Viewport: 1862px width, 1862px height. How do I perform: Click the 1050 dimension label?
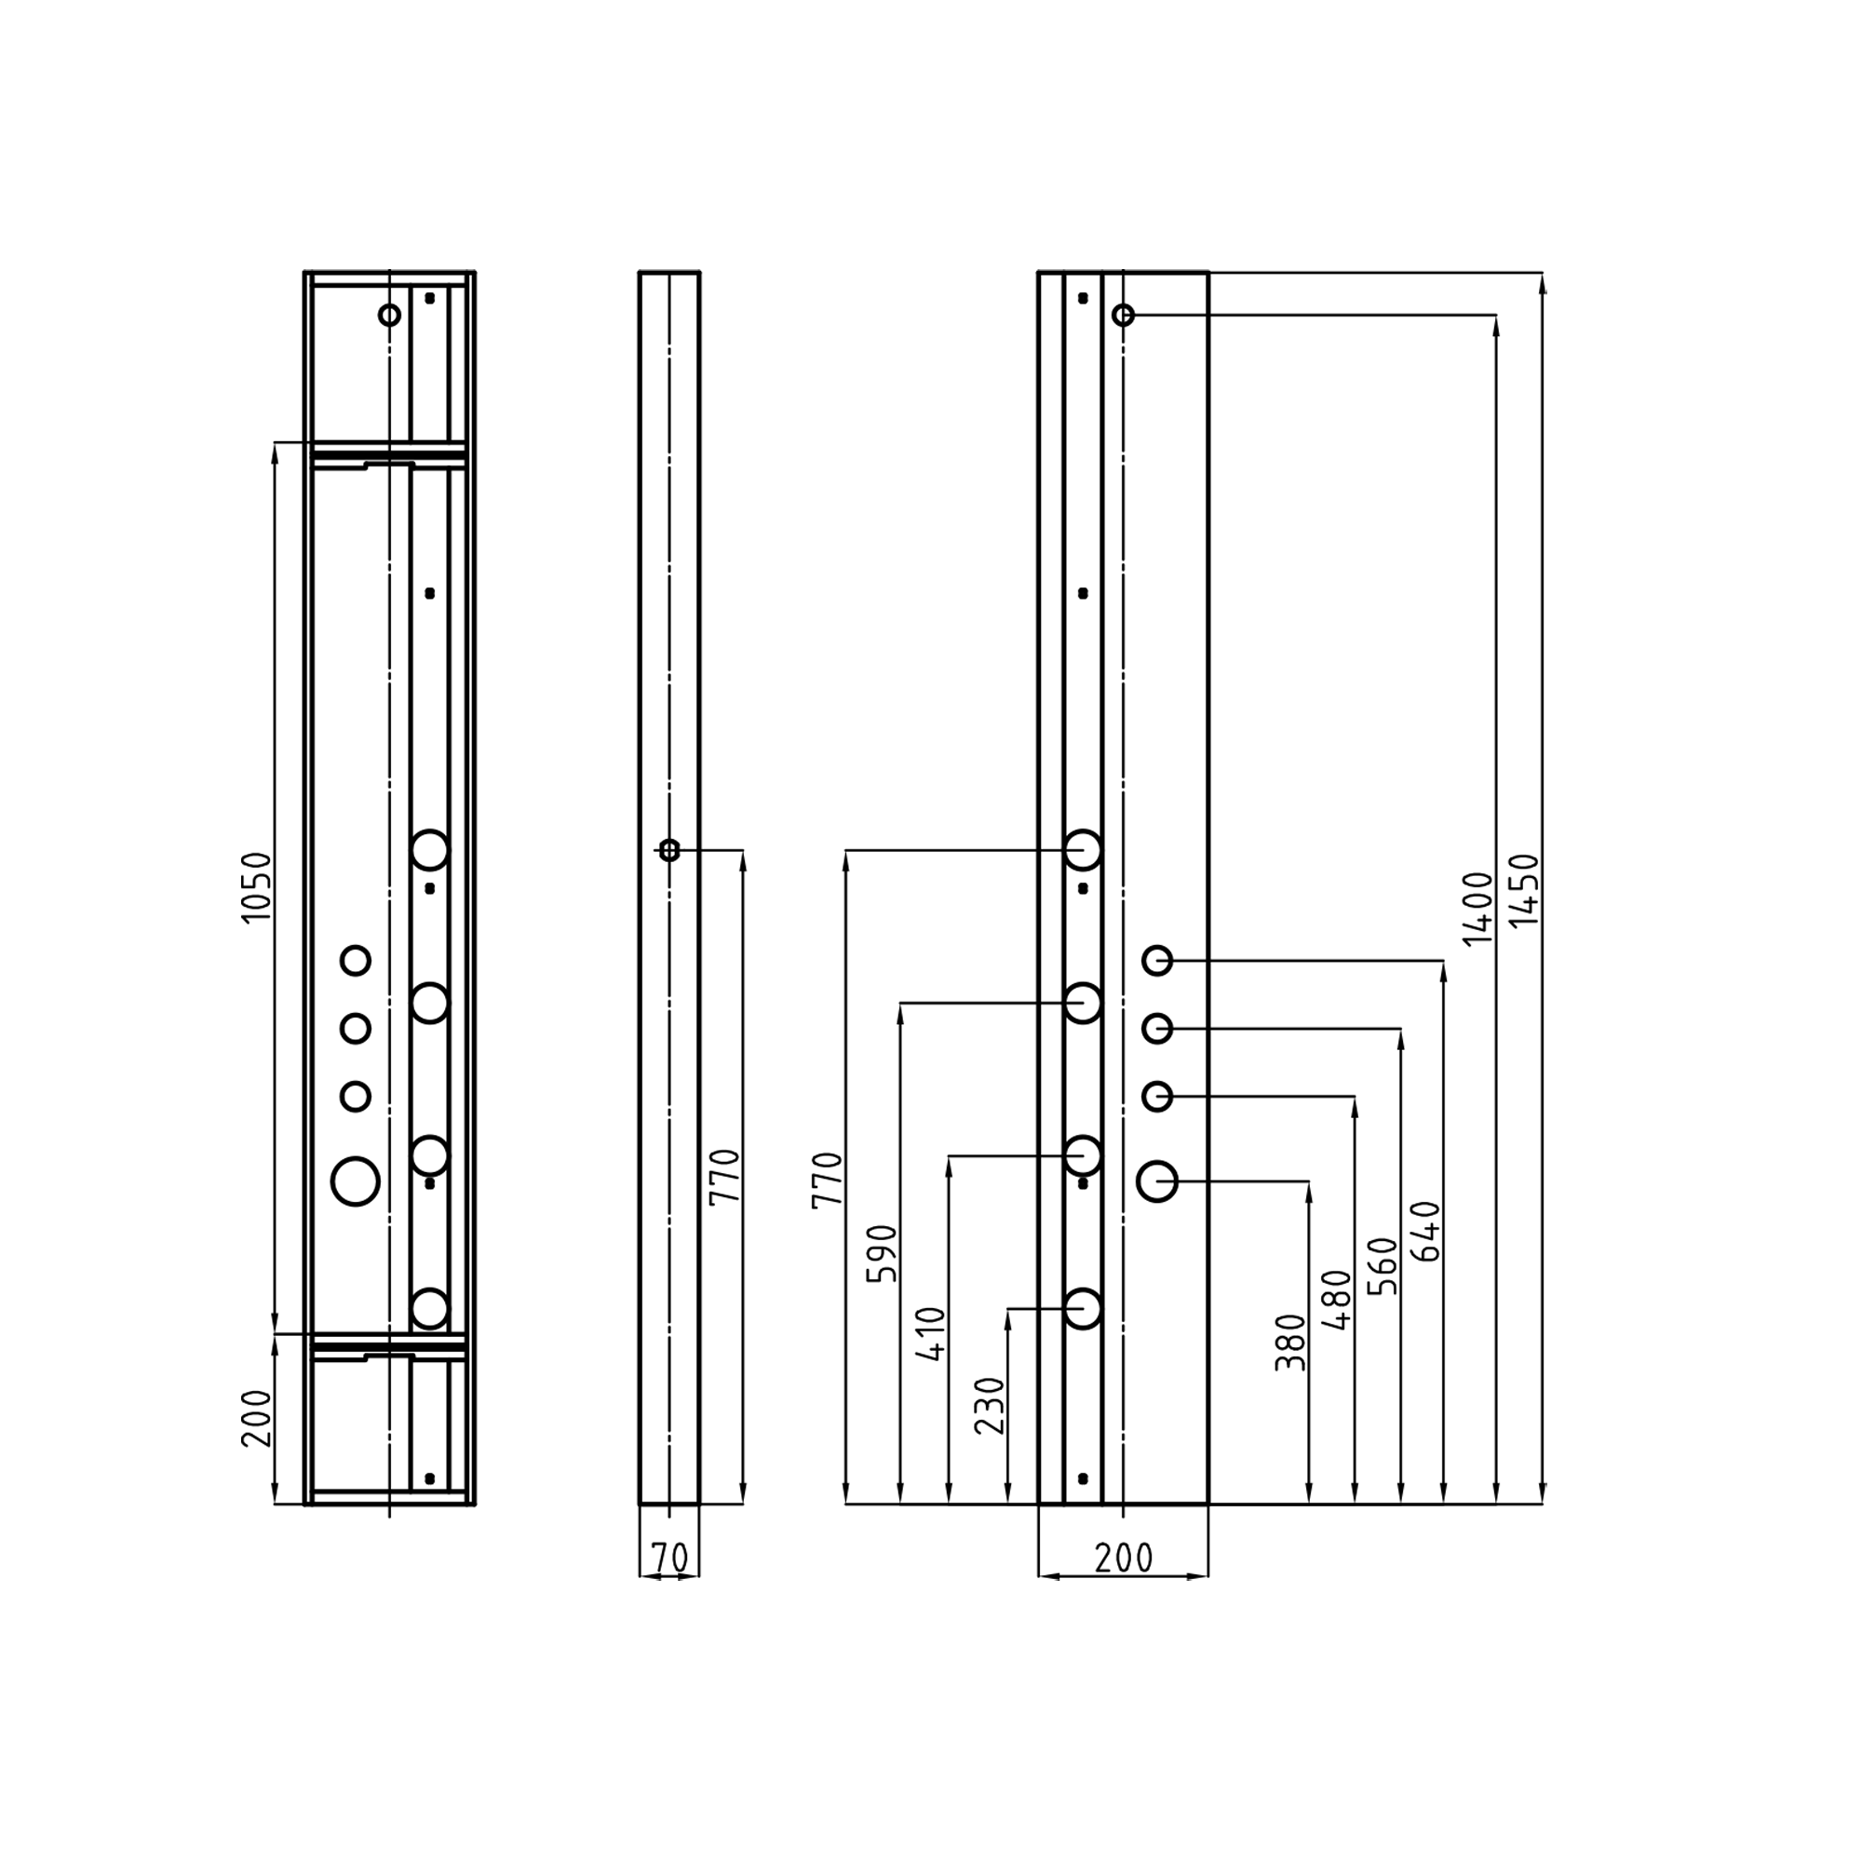(256, 887)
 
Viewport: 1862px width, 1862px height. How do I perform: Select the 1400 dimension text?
(1477, 909)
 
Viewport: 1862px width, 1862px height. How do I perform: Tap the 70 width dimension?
(668, 1558)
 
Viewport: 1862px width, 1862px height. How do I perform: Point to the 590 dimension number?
(882, 1253)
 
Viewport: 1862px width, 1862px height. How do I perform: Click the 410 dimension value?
(931, 1334)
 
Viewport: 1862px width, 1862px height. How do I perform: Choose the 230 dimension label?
(990, 1406)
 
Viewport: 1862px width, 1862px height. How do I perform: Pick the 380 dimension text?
(1289, 1343)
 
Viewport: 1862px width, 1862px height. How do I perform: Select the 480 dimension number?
(1337, 1300)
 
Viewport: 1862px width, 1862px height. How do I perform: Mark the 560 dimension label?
(1382, 1266)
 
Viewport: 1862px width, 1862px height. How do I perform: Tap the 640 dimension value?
(1425, 1231)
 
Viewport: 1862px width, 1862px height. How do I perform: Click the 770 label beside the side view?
(723, 1177)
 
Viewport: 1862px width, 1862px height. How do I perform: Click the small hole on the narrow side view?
(668, 850)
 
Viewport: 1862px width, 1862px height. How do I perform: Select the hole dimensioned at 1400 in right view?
(1123, 316)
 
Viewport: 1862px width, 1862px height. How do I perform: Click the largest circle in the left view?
(356, 1181)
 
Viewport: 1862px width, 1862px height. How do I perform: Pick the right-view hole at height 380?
(1156, 1181)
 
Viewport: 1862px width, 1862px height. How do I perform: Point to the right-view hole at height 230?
(1084, 1309)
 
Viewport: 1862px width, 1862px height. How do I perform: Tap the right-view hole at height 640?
(1156, 960)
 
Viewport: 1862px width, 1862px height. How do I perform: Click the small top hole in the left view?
(389, 316)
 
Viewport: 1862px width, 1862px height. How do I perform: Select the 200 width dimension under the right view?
(1124, 1558)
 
